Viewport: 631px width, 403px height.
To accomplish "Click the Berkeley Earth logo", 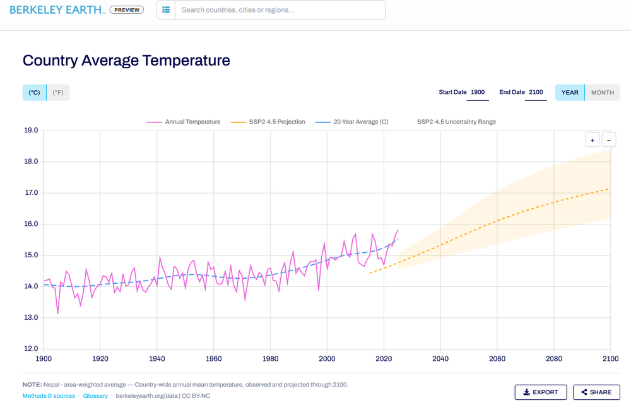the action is pos(57,9).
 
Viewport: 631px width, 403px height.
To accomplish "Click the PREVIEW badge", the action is pos(127,9).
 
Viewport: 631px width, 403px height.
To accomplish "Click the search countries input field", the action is pos(280,9).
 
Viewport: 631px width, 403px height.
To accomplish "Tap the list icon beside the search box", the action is pos(166,9).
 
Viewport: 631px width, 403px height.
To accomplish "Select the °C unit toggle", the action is pos(34,93).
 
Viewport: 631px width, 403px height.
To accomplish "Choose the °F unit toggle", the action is pos(58,93).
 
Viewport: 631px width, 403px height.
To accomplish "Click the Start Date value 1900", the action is pos(478,92).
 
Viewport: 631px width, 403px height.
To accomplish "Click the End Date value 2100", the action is pos(536,92).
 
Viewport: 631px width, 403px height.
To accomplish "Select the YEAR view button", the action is pos(570,93).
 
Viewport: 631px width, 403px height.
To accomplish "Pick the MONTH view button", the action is pos(603,93).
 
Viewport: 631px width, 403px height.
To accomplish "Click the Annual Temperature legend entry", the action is pos(184,122).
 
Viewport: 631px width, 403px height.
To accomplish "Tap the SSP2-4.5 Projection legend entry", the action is pos(268,122).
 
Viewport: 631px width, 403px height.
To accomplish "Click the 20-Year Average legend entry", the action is pos(351,122).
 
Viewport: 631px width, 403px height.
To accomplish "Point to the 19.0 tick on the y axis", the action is pos(31,131).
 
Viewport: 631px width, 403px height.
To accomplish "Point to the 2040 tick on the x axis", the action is pos(440,359).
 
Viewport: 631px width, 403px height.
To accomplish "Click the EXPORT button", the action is pos(541,392).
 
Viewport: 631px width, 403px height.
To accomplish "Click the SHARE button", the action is pos(596,392).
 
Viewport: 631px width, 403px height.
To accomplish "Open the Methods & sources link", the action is pos(49,396).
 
